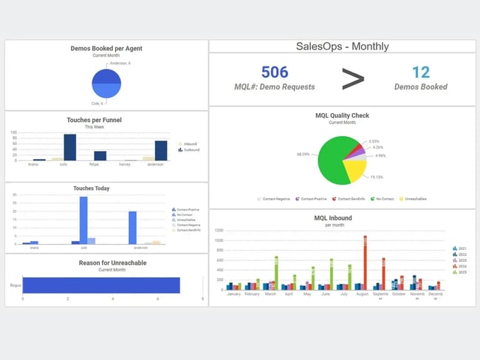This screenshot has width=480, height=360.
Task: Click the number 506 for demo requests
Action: point(275,72)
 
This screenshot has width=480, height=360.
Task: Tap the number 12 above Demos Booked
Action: point(420,72)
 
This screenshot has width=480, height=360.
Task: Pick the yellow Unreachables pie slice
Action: point(355,170)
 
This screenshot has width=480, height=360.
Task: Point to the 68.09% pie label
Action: point(303,154)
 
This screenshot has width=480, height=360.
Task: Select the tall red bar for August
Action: point(365,262)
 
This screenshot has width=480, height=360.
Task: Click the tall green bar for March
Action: point(276,273)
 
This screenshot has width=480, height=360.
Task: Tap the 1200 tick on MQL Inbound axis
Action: point(219,230)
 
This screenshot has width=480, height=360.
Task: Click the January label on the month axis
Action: point(233,294)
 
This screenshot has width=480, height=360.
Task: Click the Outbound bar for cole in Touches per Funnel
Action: point(69,147)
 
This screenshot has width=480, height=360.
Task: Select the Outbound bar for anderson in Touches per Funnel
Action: point(161,151)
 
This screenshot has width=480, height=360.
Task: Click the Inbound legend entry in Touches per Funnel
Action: point(189,143)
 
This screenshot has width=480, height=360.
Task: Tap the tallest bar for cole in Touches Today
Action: point(83,220)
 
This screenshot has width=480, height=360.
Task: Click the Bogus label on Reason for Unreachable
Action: point(15,284)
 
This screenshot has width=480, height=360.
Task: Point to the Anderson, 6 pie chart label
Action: point(120,63)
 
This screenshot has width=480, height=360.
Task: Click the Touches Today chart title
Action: point(91,189)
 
